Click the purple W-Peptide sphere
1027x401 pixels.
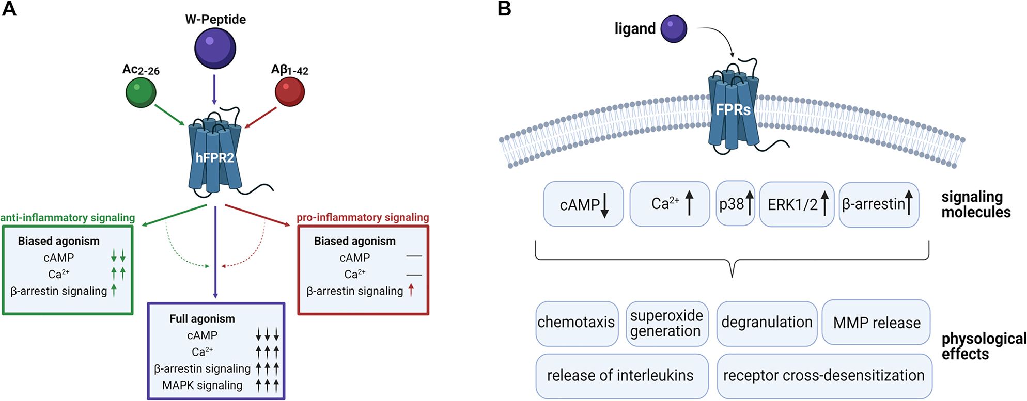pos(215,48)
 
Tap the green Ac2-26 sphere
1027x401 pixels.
pos(141,92)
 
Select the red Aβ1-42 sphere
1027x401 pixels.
pos(289,91)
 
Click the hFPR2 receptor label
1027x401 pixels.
pos(215,158)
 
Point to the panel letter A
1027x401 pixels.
pos(9,9)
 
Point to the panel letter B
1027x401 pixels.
pos(504,9)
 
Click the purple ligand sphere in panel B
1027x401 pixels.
pos(674,28)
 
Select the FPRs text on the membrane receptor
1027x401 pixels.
pos(733,109)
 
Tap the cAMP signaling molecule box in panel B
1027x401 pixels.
pos(583,204)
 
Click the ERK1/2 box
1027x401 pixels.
pos(797,204)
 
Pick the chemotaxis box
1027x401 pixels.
pos(577,323)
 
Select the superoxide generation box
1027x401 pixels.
pos(666,323)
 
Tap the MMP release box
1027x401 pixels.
pos(876,323)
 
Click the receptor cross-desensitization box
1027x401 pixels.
pos(824,376)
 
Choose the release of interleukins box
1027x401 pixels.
pos(621,376)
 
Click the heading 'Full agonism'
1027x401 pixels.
pos(202,319)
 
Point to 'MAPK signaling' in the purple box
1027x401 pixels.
pos(202,386)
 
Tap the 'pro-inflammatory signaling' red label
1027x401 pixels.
pos(363,217)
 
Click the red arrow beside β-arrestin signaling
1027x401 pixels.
pos(411,291)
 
